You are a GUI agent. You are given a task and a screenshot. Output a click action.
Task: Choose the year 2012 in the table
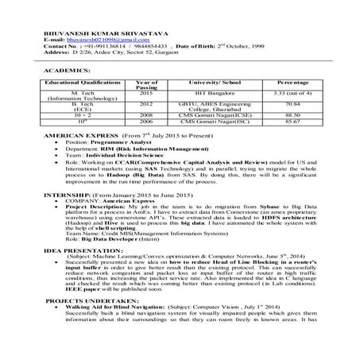[x=147, y=103]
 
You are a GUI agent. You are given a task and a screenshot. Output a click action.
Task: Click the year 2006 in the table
[x=147, y=121]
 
